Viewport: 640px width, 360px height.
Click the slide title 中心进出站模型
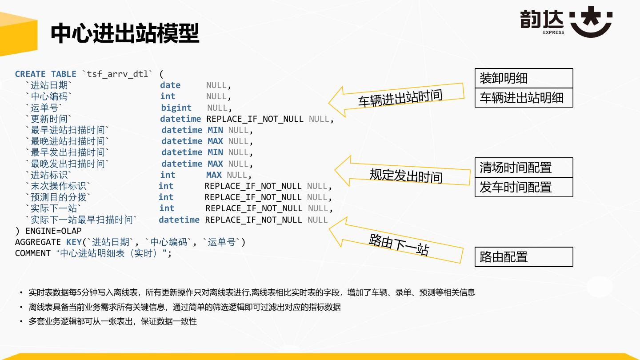tap(125, 33)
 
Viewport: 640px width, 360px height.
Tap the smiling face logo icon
tap(591, 22)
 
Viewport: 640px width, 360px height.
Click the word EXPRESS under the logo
tap(553, 32)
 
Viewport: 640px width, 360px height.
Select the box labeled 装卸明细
tap(524, 78)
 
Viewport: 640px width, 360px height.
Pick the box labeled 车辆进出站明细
tap(524, 98)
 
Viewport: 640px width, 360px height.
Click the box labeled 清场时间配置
tap(524, 168)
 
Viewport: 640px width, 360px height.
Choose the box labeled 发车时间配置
tap(524, 187)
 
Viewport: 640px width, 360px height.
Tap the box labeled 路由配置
tap(524, 257)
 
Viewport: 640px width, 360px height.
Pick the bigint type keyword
tap(176, 108)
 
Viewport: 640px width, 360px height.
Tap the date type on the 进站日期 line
tap(170, 85)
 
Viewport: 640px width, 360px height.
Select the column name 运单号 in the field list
tap(44, 108)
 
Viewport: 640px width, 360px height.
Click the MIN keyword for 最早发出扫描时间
tap(215, 152)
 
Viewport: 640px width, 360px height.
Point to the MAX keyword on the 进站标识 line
tap(214, 175)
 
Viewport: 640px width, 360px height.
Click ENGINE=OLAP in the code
tap(53, 231)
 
